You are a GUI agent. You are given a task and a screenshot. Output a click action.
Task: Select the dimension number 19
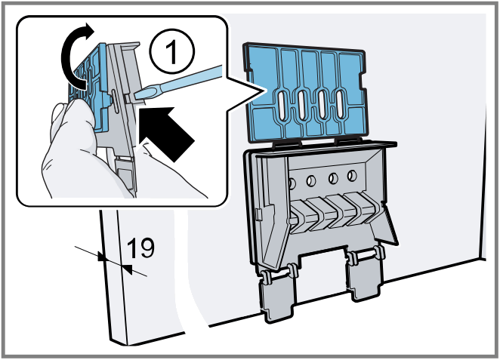141,247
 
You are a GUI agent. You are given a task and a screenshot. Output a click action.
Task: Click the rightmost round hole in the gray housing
351,178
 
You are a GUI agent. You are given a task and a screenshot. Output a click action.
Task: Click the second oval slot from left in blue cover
302,105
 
